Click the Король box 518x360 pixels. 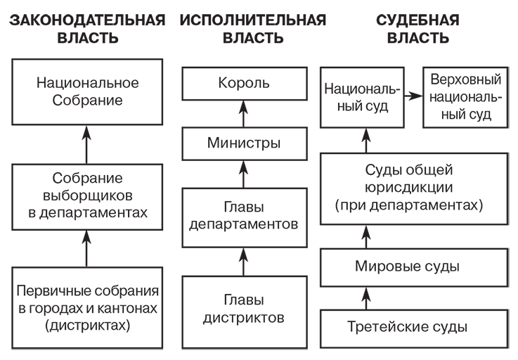click(x=244, y=83)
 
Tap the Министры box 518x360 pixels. click(x=244, y=143)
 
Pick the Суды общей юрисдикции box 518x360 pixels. click(x=413, y=188)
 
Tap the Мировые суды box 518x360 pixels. click(x=413, y=266)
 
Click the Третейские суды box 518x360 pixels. click(x=413, y=326)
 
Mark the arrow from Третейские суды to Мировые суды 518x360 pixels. click(x=365, y=296)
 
